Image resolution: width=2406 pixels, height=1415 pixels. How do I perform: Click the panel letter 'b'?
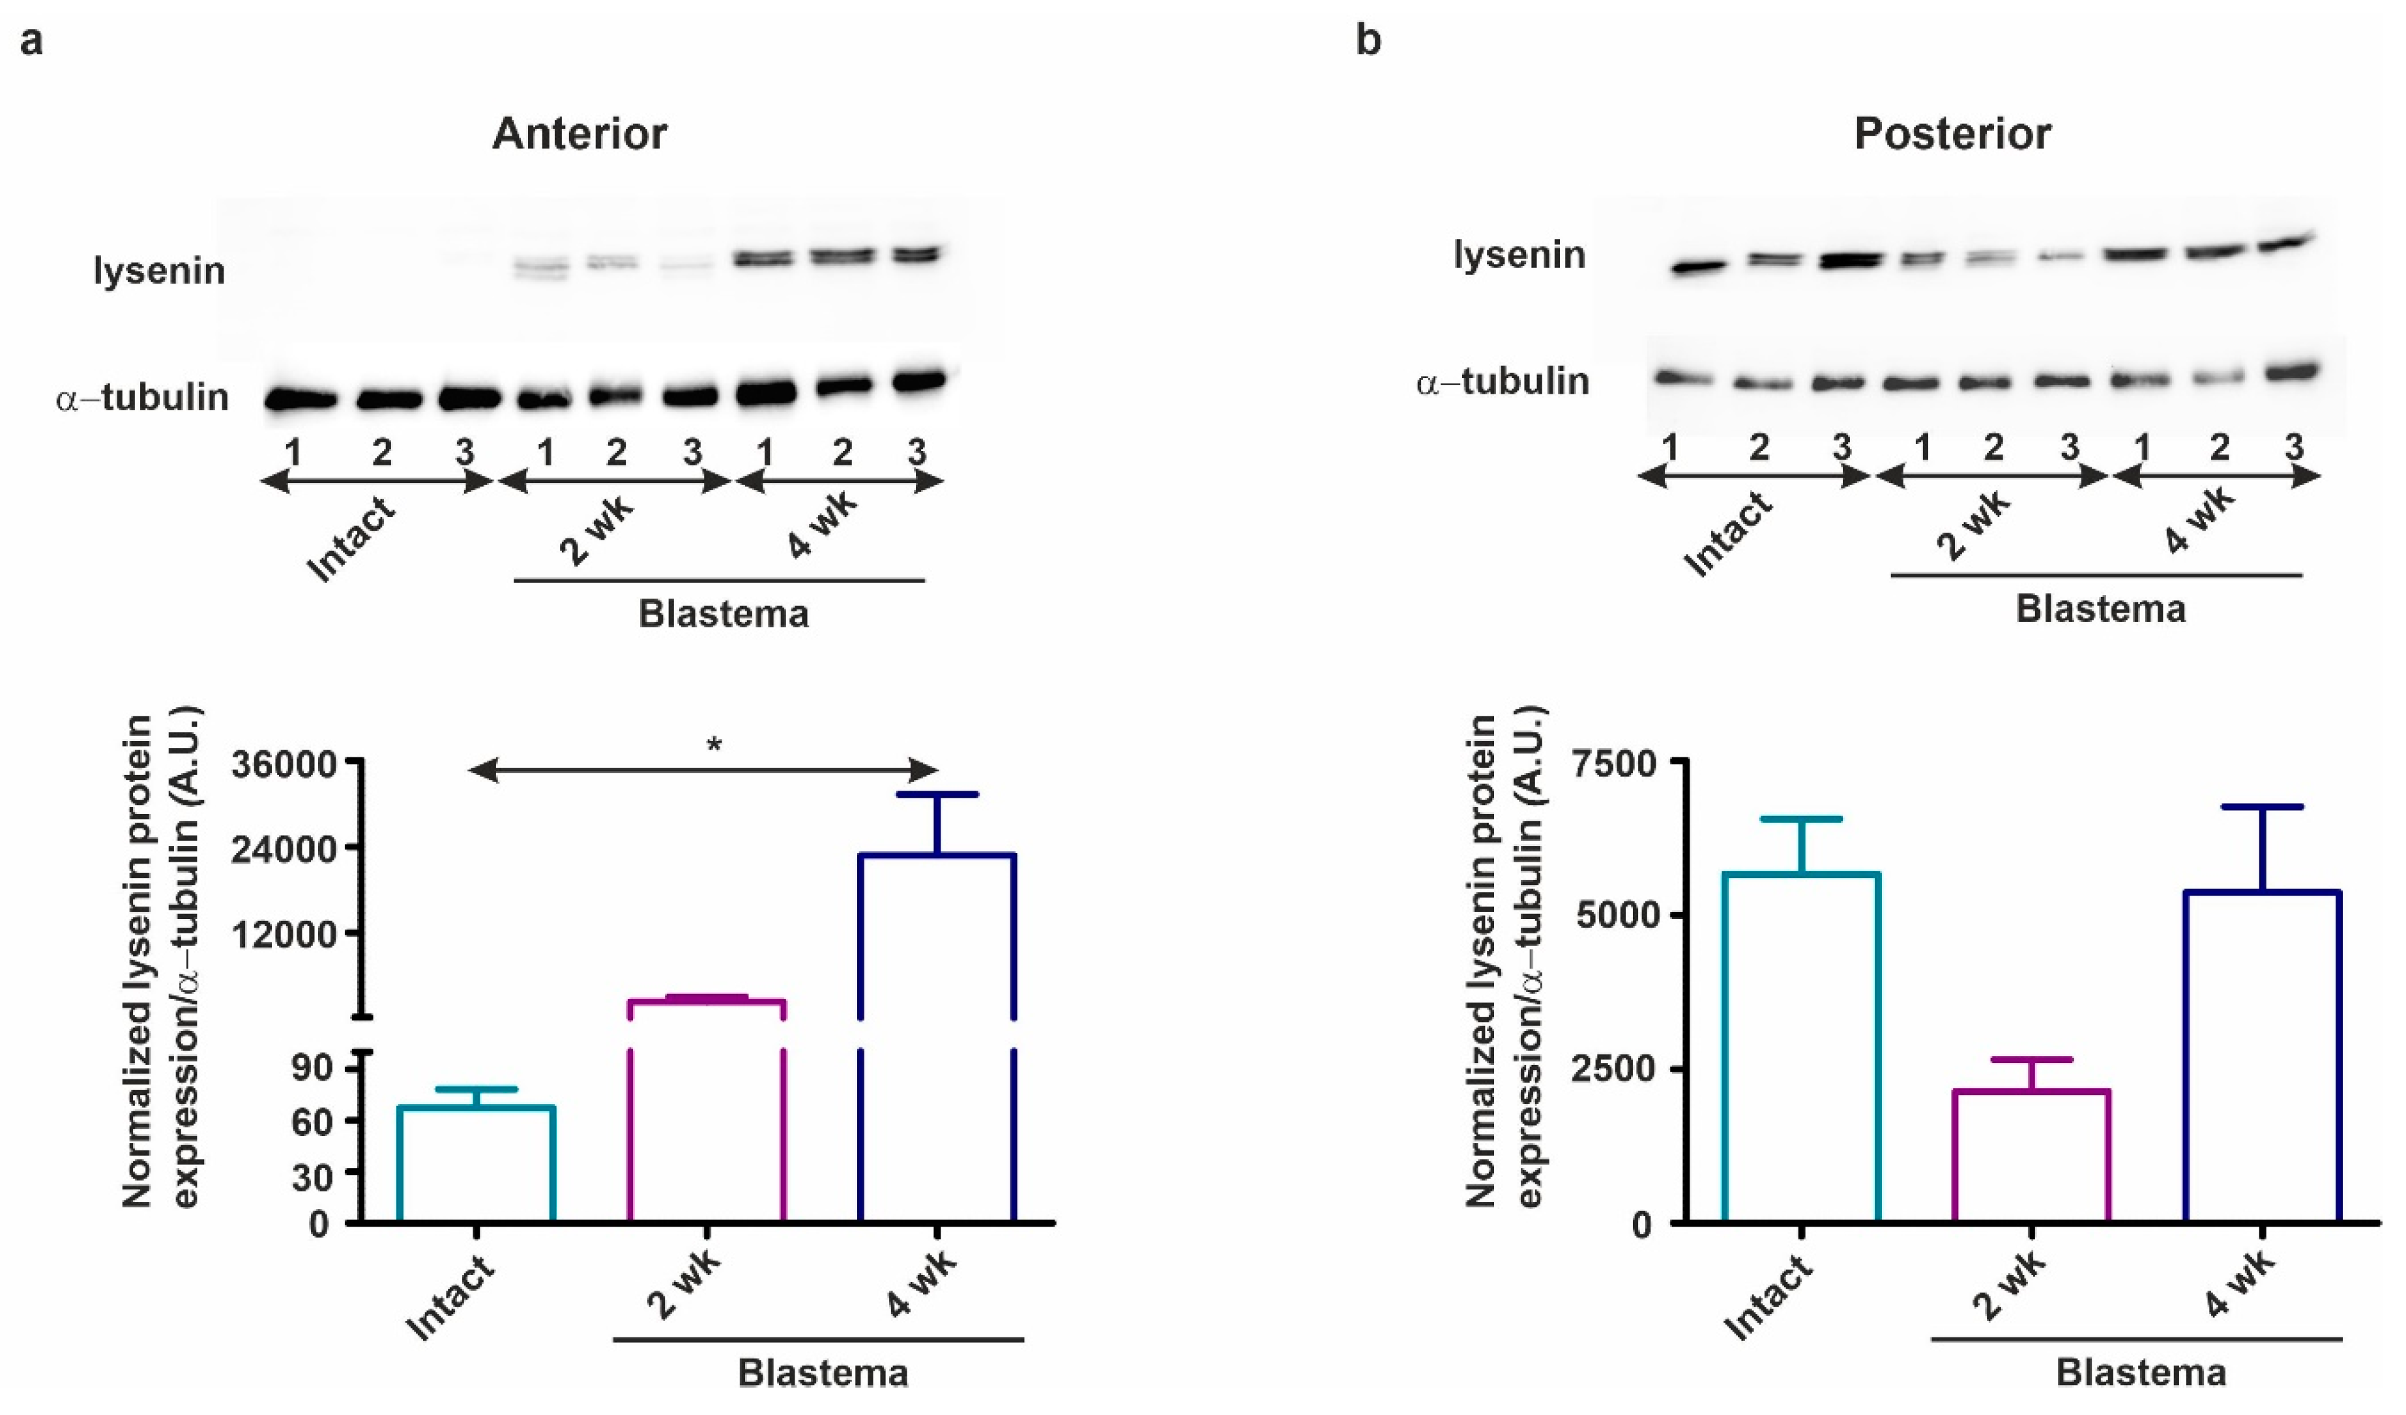coord(1368,41)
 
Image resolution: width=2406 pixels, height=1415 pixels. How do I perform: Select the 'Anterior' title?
coord(579,134)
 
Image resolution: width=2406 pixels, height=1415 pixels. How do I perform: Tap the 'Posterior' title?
coord(1952,134)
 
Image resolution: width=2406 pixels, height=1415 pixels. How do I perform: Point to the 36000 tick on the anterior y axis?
coord(284,765)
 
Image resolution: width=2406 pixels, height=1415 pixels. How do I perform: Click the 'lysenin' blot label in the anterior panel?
coord(160,271)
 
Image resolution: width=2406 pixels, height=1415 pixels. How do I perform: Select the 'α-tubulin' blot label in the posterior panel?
coord(1502,381)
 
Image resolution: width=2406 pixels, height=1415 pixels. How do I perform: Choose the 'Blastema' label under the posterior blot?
coord(2100,608)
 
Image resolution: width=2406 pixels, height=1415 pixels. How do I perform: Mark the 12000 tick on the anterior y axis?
coord(284,934)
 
